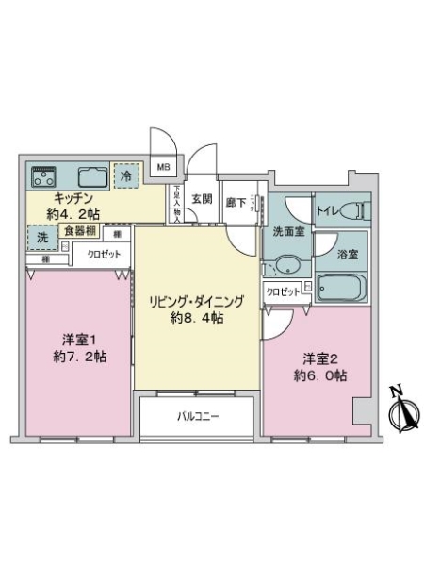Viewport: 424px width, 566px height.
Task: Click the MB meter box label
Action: pos(164,168)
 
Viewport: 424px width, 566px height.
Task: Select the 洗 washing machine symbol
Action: pos(41,239)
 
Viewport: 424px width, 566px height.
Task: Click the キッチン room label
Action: pos(71,198)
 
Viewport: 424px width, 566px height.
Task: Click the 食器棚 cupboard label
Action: pos(79,231)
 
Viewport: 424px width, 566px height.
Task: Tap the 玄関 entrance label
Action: pos(202,199)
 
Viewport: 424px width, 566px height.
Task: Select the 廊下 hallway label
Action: pos(236,200)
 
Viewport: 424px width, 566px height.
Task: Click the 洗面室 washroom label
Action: pos(287,231)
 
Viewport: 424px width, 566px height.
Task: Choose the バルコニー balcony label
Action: pos(197,415)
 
